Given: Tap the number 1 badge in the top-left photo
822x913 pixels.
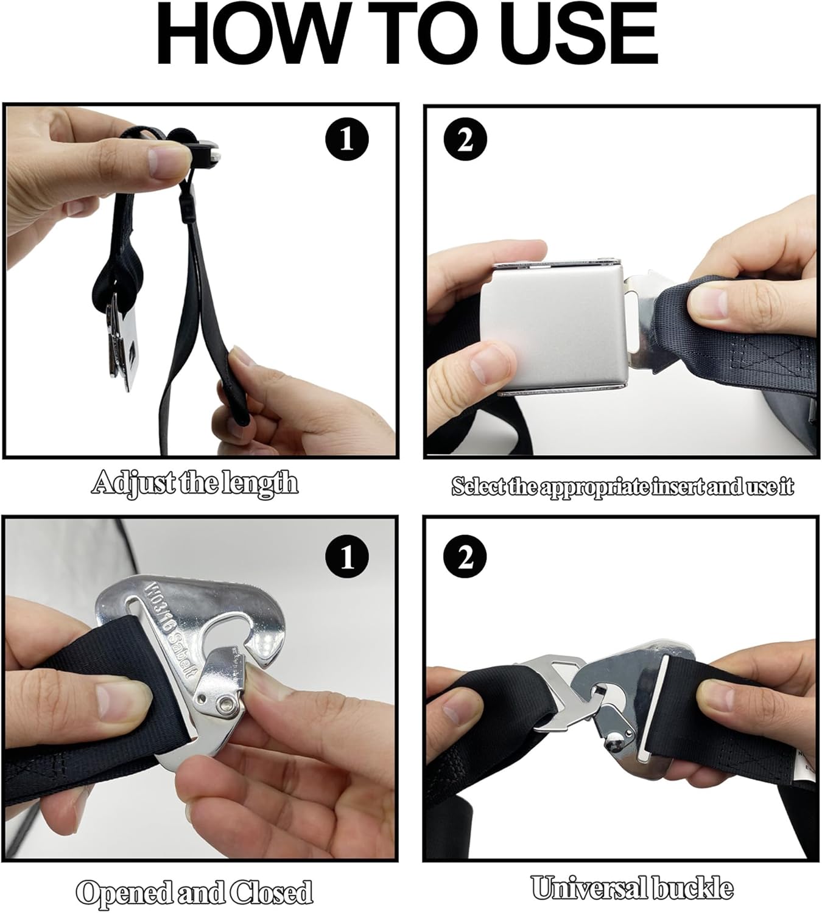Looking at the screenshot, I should coord(346,139).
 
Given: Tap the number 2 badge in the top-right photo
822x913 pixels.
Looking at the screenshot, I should coord(465,139).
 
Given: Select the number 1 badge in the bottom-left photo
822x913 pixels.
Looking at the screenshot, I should coord(346,556).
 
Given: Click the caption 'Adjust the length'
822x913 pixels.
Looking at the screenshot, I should coord(195,483).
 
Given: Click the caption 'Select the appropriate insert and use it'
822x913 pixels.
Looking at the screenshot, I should coord(622,487).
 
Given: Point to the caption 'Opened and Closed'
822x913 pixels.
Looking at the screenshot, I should coord(194,892).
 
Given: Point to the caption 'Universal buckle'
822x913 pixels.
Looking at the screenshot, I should coord(631,888).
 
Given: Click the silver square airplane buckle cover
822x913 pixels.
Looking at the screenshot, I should coord(554,329).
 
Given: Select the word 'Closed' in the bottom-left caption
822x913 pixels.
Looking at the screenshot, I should coord(272,892).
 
